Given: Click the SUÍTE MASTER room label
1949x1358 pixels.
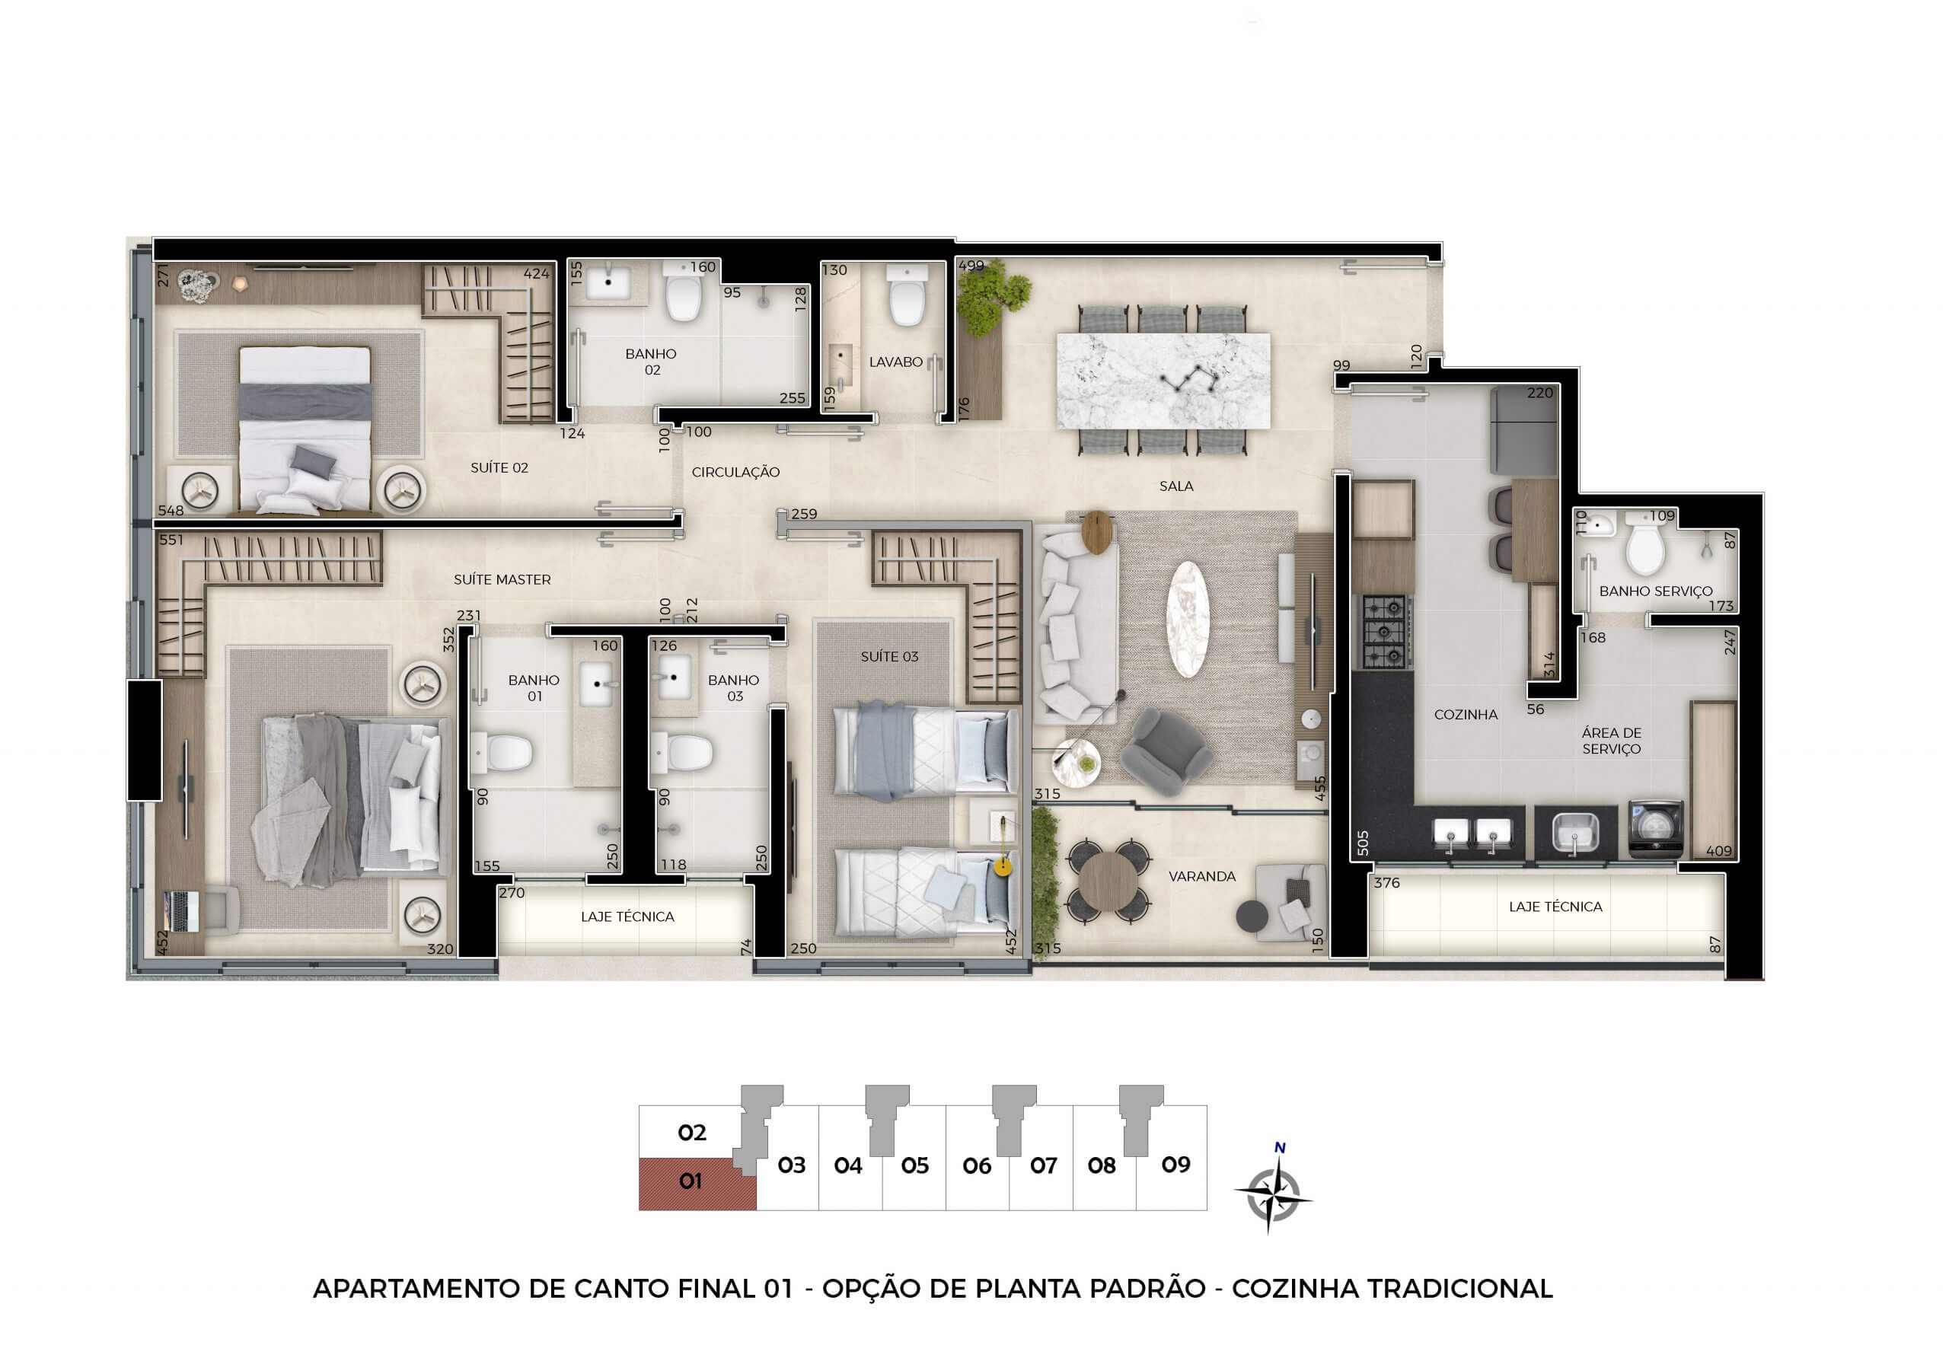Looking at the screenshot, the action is pyautogui.click(x=502, y=580).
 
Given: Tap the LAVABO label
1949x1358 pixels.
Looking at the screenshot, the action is pyautogui.click(x=895, y=362).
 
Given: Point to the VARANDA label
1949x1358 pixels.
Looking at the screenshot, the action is pyautogui.click(x=1202, y=877).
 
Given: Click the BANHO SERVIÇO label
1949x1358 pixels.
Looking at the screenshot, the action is pyautogui.click(x=1655, y=591).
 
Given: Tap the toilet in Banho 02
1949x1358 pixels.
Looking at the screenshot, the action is pyautogui.click(x=684, y=292).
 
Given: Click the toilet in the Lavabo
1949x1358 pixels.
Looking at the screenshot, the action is pyautogui.click(x=906, y=296).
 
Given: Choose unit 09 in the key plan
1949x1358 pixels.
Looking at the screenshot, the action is pyautogui.click(x=1175, y=1165).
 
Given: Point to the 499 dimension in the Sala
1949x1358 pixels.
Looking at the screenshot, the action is pyautogui.click(x=971, y=266).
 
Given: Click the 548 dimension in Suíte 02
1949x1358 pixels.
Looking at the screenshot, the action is pyautogui.click(x=171, y=511).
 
